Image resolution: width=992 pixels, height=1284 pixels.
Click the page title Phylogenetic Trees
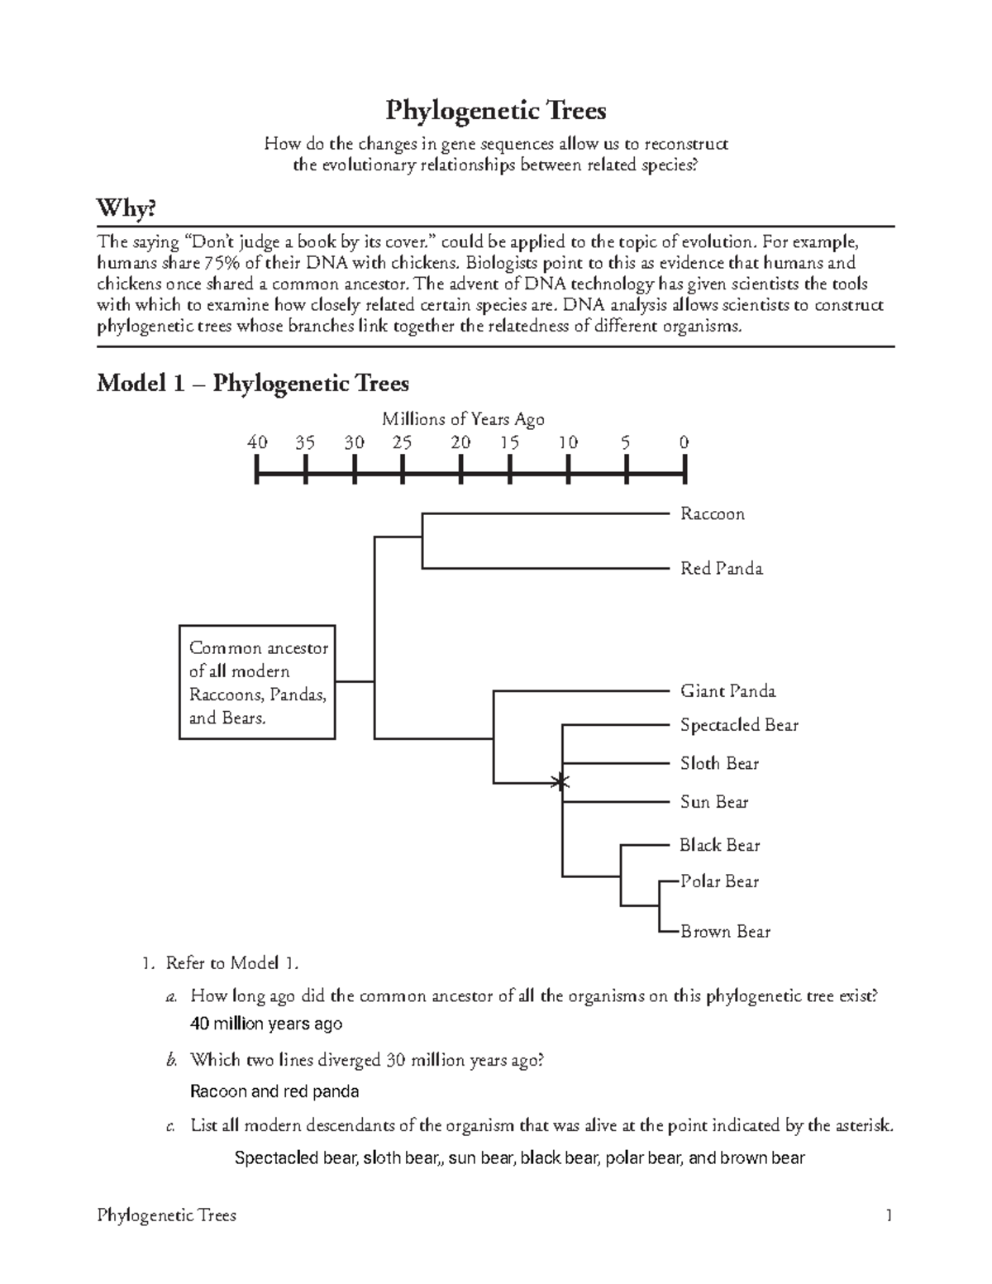click(496, 110)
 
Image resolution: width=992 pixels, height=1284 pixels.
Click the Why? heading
click(126, 208)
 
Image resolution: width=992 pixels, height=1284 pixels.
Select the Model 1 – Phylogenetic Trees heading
click(253, 384)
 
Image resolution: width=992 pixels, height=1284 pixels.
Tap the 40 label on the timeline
click(257, 442)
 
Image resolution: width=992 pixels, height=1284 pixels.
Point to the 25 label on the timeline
click(402, 442)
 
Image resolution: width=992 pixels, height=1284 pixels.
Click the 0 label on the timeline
click(684, 442)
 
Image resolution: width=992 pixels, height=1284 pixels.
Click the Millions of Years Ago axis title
click(463, 419)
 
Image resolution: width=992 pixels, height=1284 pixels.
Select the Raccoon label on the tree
click(712, 514)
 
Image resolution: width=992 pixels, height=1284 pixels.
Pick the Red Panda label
click(721, 569)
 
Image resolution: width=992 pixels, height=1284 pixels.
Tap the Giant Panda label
click(727, 691)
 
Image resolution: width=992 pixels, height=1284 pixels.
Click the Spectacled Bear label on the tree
click(739, 725)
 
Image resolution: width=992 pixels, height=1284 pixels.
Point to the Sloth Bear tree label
click(719, 764)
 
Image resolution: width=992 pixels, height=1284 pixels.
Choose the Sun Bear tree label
click(713, 802)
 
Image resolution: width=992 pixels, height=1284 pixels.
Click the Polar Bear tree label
click(719, 881)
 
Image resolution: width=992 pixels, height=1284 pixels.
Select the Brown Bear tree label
click(725, 932)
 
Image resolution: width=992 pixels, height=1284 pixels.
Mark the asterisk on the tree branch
click(561, 781)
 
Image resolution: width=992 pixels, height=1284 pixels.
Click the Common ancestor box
click(257, 682)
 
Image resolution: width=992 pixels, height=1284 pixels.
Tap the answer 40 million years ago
click(265, 1024)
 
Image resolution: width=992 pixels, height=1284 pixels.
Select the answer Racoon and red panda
click(274, 1091)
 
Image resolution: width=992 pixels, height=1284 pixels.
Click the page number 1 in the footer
click(889, 1215)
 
